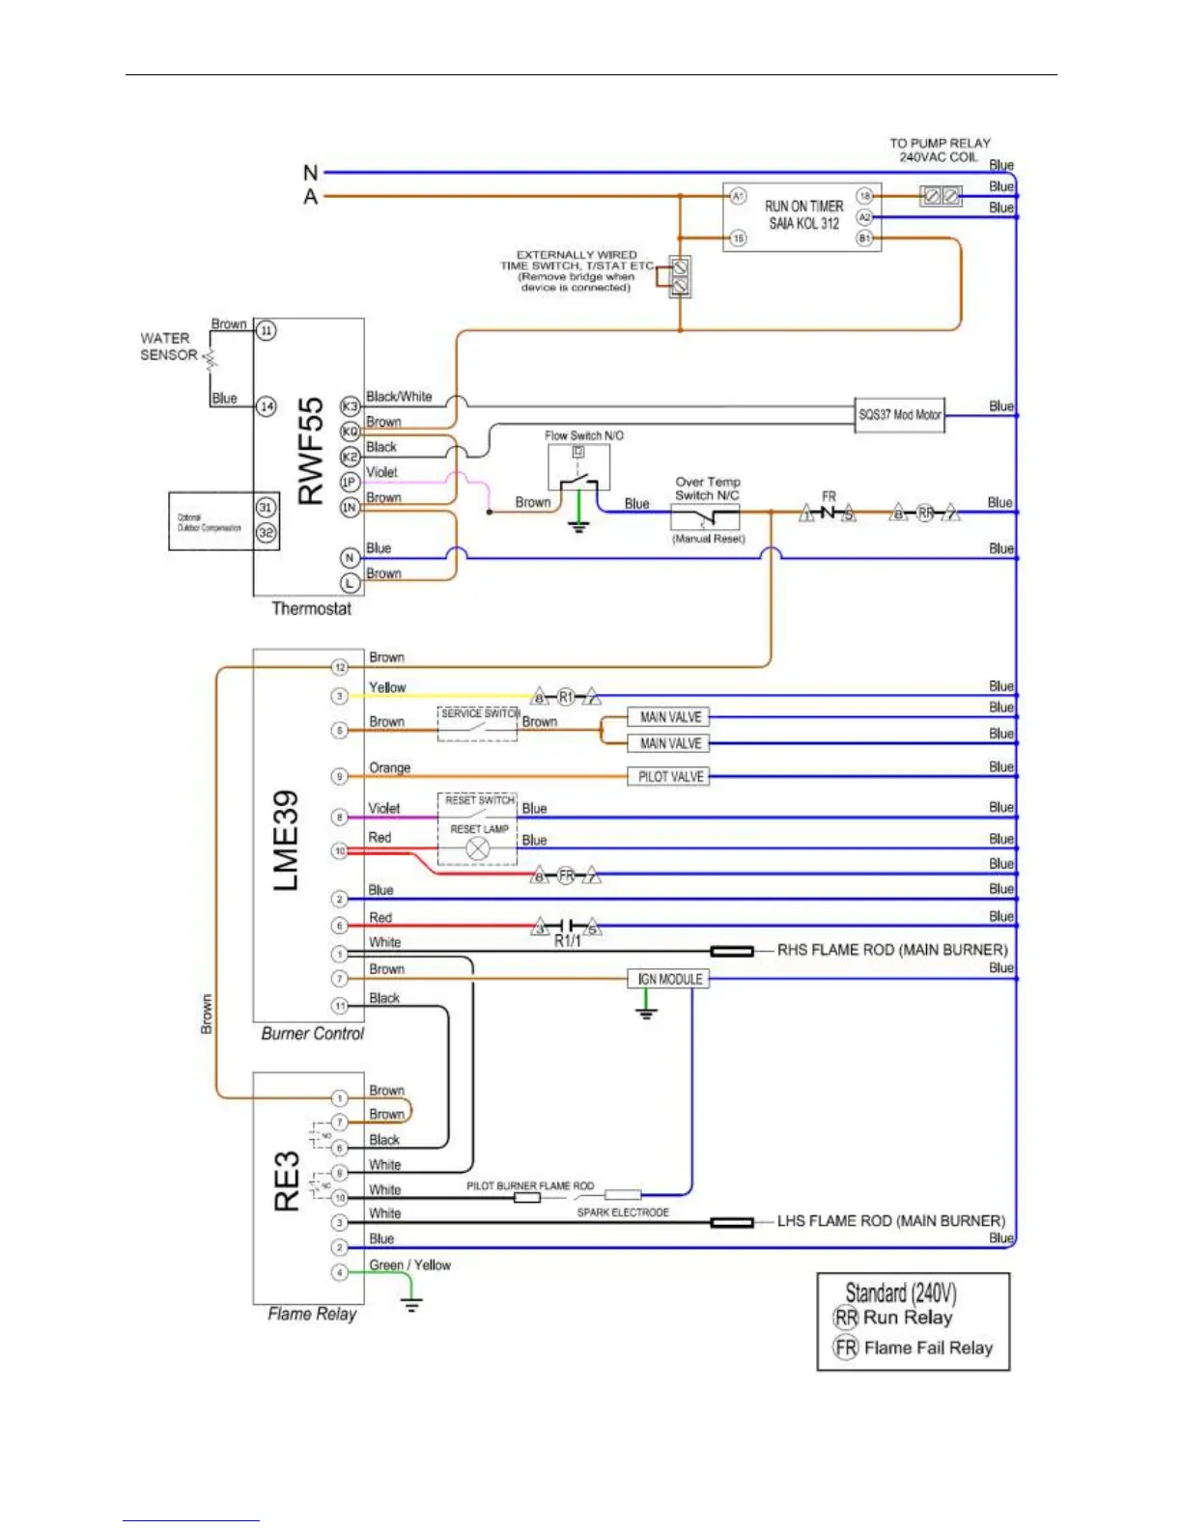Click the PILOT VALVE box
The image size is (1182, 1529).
[x=671, y=777]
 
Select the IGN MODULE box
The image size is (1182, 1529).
[x=669, y=979]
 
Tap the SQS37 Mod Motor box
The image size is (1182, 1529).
[x=899, y=415]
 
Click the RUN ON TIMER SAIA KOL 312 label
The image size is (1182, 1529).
[x=803, y=214]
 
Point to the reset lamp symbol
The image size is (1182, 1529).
[x=478, y=848]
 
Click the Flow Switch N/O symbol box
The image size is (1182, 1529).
[x=578, y=468]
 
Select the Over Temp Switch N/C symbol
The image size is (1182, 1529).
[x=705, y=516]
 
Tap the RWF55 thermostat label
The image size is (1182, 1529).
[x=310, y=451]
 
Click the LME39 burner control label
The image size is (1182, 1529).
[x=286, y=840]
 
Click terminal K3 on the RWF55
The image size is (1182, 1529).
[x=350, y=406]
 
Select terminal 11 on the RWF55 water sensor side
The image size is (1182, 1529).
[x=267, y=331]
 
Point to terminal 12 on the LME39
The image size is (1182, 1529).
[x=340, y=667]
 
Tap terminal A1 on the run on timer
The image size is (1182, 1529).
[x=738, y=196]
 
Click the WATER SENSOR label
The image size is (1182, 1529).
[x=168, y=347]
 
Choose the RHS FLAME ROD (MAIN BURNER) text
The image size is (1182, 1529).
[x=892, y=950]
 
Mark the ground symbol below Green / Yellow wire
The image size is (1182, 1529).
[x=412, y=1306]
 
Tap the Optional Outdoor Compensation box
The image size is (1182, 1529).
[x=211, y=522]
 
